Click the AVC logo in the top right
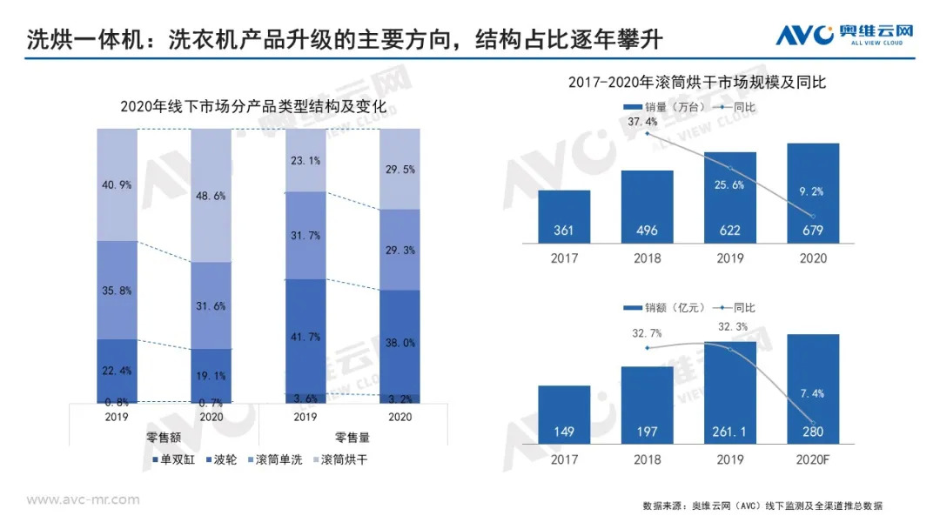(x=844, y=35)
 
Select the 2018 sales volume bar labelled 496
(x=647, y=207)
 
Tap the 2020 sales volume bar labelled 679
(x=813, y=193)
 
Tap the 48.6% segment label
(x=211, y=197)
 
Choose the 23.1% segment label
(x=304, y=161)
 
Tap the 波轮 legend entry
(x=222, y=459)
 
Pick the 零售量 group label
(x=352, y=438)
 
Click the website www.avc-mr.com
(x=83, y=499)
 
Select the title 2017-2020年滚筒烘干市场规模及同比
(x=696, y=83)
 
